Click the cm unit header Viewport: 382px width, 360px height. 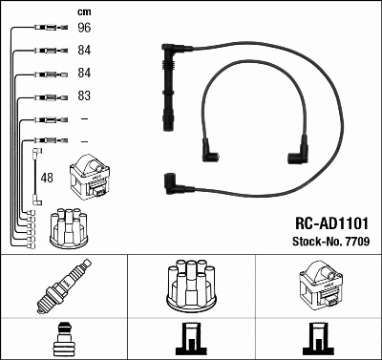(82, 11)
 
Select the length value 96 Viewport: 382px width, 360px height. (83, 29)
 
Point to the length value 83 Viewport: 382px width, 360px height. (83, 96)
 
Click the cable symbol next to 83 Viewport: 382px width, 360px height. (48, 96)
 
